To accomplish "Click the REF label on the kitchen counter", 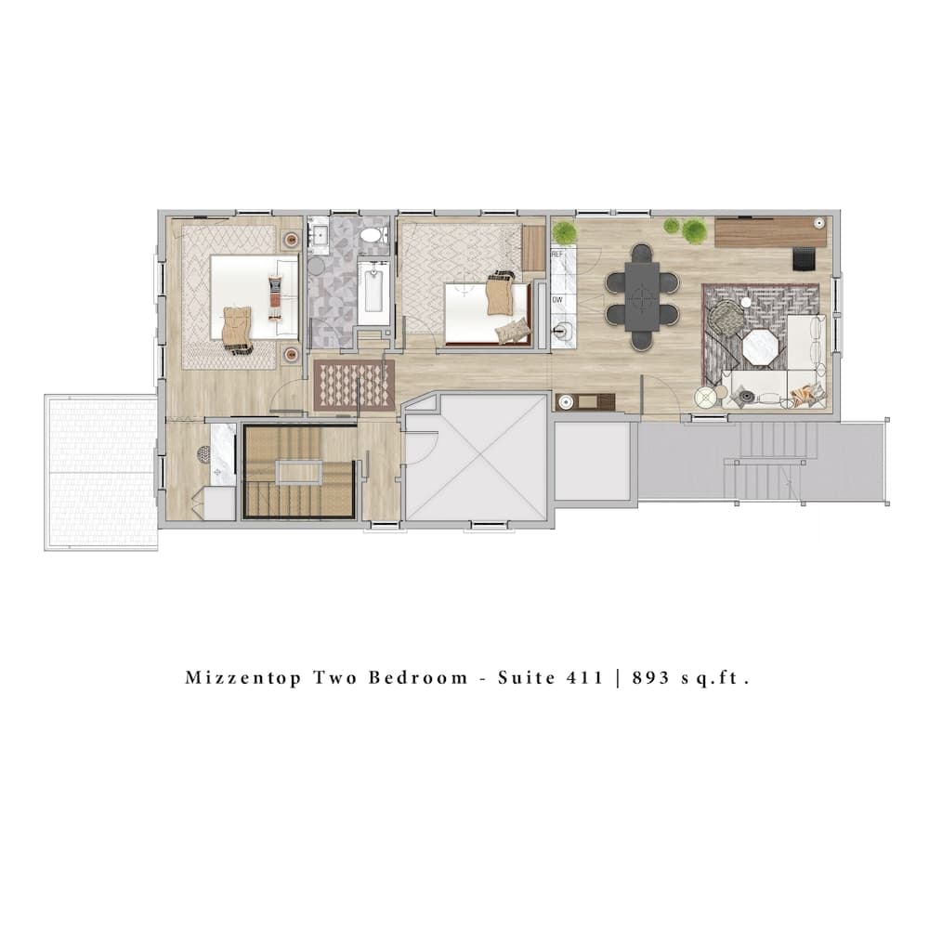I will click(558, 253).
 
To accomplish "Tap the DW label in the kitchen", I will click(558, 300).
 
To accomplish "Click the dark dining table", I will click(641, 296).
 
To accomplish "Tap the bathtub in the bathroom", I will click(374, 292).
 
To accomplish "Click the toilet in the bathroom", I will click(374, 233).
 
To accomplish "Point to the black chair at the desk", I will click(804, 257).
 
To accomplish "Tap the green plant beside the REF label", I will click(564, 232).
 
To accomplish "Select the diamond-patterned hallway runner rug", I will click(354, 384).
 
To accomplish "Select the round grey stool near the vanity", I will click(316, 266).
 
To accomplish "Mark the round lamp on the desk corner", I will click(818, 224).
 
